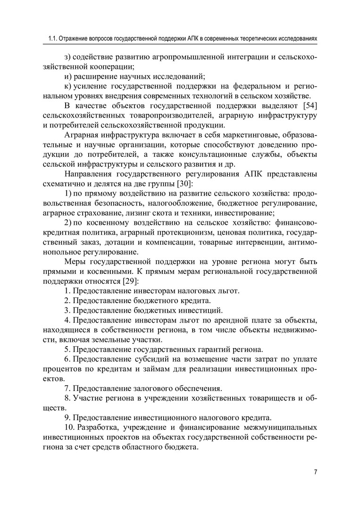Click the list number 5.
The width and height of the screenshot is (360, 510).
point(67,350)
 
